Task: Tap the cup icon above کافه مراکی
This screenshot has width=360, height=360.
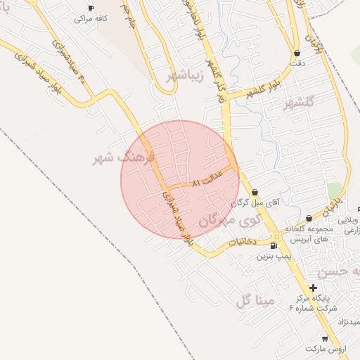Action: point(90,8)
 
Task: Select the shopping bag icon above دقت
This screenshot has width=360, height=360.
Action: point(297,52)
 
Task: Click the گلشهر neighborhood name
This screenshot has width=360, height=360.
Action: point(297,105)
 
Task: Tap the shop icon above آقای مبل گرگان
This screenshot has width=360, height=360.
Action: point(255,191)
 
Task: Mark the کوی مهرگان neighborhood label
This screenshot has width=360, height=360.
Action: point(230,220)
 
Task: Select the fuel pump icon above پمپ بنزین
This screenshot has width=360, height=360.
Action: point(273,245)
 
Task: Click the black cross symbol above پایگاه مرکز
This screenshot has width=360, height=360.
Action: point(313,288)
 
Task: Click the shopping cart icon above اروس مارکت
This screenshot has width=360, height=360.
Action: point(324,337)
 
